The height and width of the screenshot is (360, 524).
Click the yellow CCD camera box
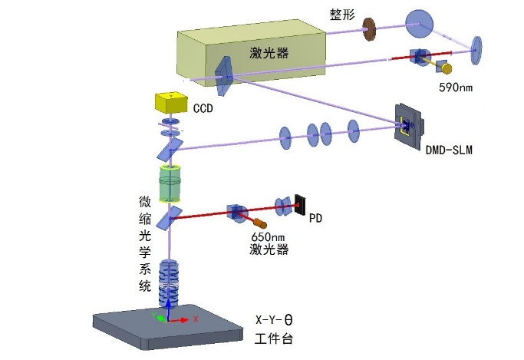click(171, 103)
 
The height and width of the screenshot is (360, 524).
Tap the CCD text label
click(203, 109)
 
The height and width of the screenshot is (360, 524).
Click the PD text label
click(316, 219)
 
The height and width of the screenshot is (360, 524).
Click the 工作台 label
click(274, 338)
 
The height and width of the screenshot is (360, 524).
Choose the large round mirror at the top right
click(419, 25)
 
